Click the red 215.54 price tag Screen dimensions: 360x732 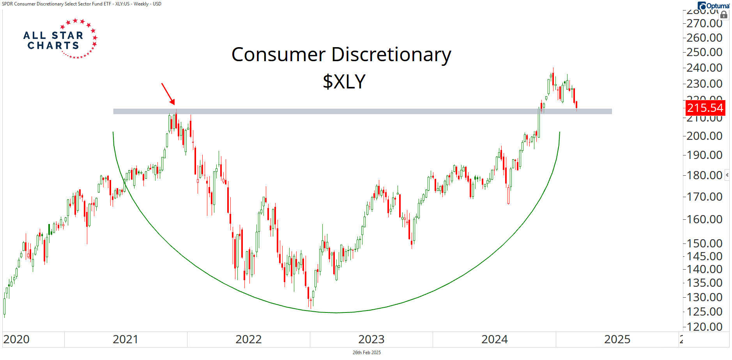705,108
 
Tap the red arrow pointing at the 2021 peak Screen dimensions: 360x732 168,94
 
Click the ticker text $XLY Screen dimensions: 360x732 344,82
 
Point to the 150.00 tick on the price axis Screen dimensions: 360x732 704,244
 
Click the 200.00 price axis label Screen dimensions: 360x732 704,136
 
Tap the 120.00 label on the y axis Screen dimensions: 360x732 704,327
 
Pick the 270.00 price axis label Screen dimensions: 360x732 704,24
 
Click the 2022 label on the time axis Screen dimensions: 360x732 248,339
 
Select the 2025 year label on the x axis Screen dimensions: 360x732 617,339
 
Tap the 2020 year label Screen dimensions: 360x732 16,339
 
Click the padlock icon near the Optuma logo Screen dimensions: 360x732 724,15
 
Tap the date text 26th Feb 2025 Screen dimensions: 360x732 366,353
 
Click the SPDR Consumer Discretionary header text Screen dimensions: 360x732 81,4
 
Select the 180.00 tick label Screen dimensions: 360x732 704,175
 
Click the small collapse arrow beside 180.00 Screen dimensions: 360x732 727,175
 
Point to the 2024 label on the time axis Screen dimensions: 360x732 494,339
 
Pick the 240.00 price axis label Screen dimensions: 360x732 704,68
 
